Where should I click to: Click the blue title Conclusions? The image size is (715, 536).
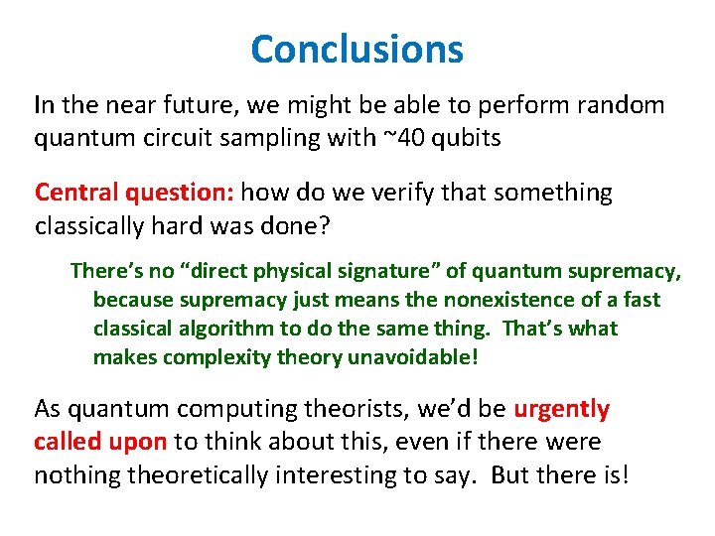pyautogui.click(x=357, y=49)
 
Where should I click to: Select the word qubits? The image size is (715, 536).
pyautogui.click(x=464, y=138)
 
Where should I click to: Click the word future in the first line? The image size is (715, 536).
pyautogui.click(x=179, y=104)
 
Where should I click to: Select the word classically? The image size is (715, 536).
pyautogui.click(x=88, y=225)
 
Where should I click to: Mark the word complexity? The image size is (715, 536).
pyautogui.click(x=210, y=356)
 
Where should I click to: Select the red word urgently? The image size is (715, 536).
pyautogui.click(x=562, y=408)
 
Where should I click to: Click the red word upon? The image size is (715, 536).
pyautogui.click(x=141, y=442)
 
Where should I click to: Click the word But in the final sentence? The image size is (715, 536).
pyautogui.click(x=510, y=475)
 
